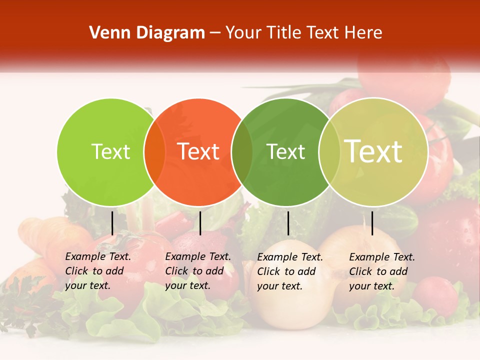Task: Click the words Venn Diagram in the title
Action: tap(146, 33)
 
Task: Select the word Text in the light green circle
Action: tap(110, 151)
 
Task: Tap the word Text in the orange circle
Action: tap(198, 151)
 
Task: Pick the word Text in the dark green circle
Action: tap(286, 151)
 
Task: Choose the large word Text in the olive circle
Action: tap(373, 151)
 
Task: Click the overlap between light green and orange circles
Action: tap(154, 151)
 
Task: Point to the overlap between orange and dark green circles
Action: tap(242, 151)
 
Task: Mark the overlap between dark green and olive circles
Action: tap(327, 151)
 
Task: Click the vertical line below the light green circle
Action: tap(112, 223)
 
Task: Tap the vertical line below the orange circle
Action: tap(200, 223)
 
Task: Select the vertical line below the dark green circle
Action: tap(288, 223)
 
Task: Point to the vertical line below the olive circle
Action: tap(372, 223)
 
